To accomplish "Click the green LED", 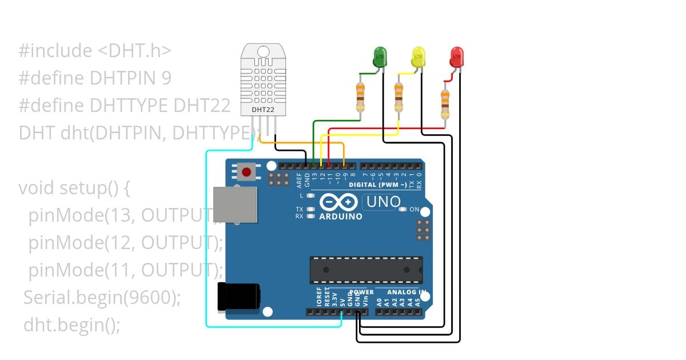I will (380, 57).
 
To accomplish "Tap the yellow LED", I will (418, 57).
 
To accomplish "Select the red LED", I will (457, 57).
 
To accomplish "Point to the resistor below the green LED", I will (360, 97).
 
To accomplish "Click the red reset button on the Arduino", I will (247, 171).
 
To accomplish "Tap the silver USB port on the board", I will (234, 204).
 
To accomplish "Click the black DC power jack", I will (238, 297).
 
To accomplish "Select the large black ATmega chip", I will (366, 270).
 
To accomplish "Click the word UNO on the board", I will (383, 202).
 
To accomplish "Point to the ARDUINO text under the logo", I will (341, 217).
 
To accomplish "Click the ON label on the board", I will (414, 210).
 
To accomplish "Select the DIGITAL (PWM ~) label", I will (378, 185).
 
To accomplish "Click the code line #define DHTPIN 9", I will (95, 78).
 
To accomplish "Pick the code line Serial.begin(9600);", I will (102, 298).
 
